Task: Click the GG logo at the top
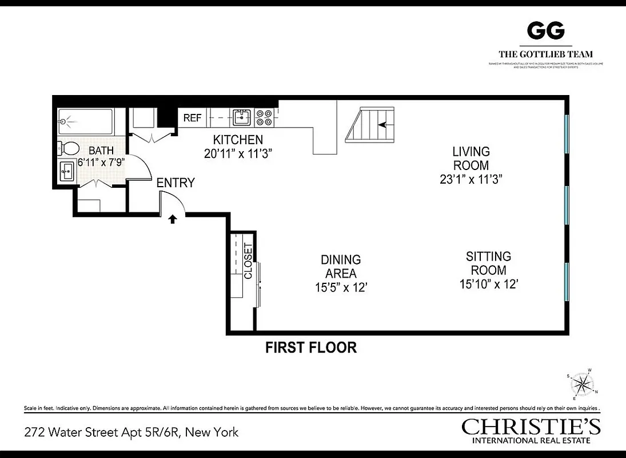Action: pyautogui.click(x=545, y=31)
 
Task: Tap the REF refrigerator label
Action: pyautogui.click(x=192, y=119)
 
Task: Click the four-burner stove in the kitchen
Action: pyautogui.click(x=264, y=117)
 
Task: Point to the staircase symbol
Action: pyautogui.click(x=370, y=125)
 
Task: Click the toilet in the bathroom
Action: pyautogui.click(x=69, y=148)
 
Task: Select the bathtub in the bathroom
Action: pyautogui.click(x=86, y=122)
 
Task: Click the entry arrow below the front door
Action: pyautogui.click(x=172, y=219)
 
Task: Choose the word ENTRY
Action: pyautogui.click(x=176, y=183)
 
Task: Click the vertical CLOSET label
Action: pyautogui.click(x=248, y=261)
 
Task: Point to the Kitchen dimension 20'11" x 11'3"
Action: pyautogui.click(x=238, y=153)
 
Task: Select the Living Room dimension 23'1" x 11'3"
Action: pyautogui.click(x=471, y=179)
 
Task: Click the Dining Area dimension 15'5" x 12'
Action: pyautogui.click(x=340, y=287)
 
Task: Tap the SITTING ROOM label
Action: pyautogui.click(x=488, y=263)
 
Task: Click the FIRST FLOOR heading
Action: pyautogui.click(x=311, y=348)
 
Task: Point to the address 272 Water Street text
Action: pyautogui.click(x=131, y=432)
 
